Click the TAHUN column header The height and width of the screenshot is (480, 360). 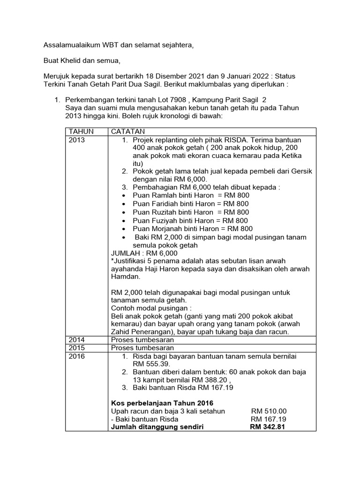pyautogui.click(x=81, y=132)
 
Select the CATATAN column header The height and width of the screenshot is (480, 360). pyautogui.click(x=127, y=132)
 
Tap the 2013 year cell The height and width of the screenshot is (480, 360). pyautogui.click(x=77, y=140)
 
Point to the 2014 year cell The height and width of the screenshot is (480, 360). pyautogui.click(x=77, y=340)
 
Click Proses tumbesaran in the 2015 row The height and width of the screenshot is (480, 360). pyautogui.click(x=142, y=348)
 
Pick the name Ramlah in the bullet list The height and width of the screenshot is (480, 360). pyautogui.click(x=171, y=195)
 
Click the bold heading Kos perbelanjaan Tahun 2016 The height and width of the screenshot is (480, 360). pyautogui.click(x=162, y=403)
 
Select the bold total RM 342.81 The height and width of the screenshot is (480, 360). pyautogui.click(x=268, y=427)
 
